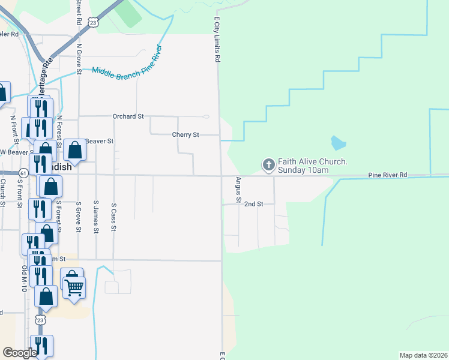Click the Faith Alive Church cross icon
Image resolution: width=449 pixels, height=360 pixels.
(268, 163)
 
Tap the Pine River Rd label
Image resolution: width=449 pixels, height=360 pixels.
(387, 175)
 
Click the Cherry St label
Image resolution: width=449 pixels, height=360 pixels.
(185, 135)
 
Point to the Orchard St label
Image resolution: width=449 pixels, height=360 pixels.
(128, 116)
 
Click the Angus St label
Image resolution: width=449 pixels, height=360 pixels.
(238, 189)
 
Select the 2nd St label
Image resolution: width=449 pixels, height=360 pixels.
(253, 204)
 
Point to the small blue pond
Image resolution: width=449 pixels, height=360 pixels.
(338, 143)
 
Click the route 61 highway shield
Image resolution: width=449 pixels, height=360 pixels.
(23, 173)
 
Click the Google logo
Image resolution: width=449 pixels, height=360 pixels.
(19, 353)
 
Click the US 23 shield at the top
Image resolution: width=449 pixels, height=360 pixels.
(92, 22)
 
